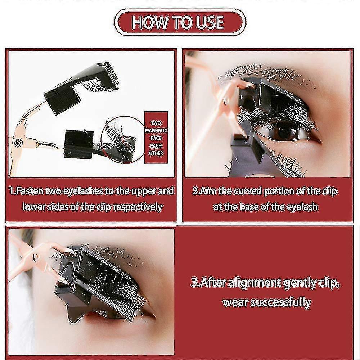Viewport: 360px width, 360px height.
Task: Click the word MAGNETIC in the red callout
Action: pyautogui.click(x=156, y=130)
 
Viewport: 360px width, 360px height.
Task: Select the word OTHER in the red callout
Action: pyautogui.click(x=156, y=153)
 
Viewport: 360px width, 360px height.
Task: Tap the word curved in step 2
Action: pyautogui.click(x=247, y=191)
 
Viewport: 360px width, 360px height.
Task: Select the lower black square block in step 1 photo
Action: pyautogui.click(x=79, y=144)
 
